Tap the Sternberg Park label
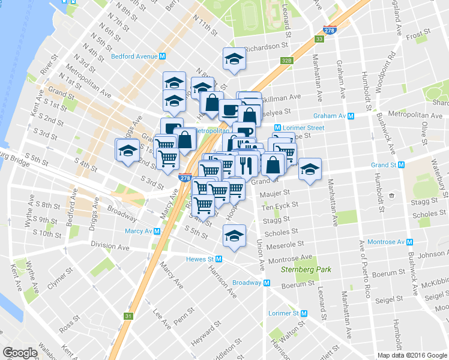(306, 270)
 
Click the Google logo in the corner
(20, 353)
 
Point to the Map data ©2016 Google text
(412, 355)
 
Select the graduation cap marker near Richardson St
(234, 59)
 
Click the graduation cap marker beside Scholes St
(234, 236)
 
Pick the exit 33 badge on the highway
(319, 40)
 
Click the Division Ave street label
(110, 245)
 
